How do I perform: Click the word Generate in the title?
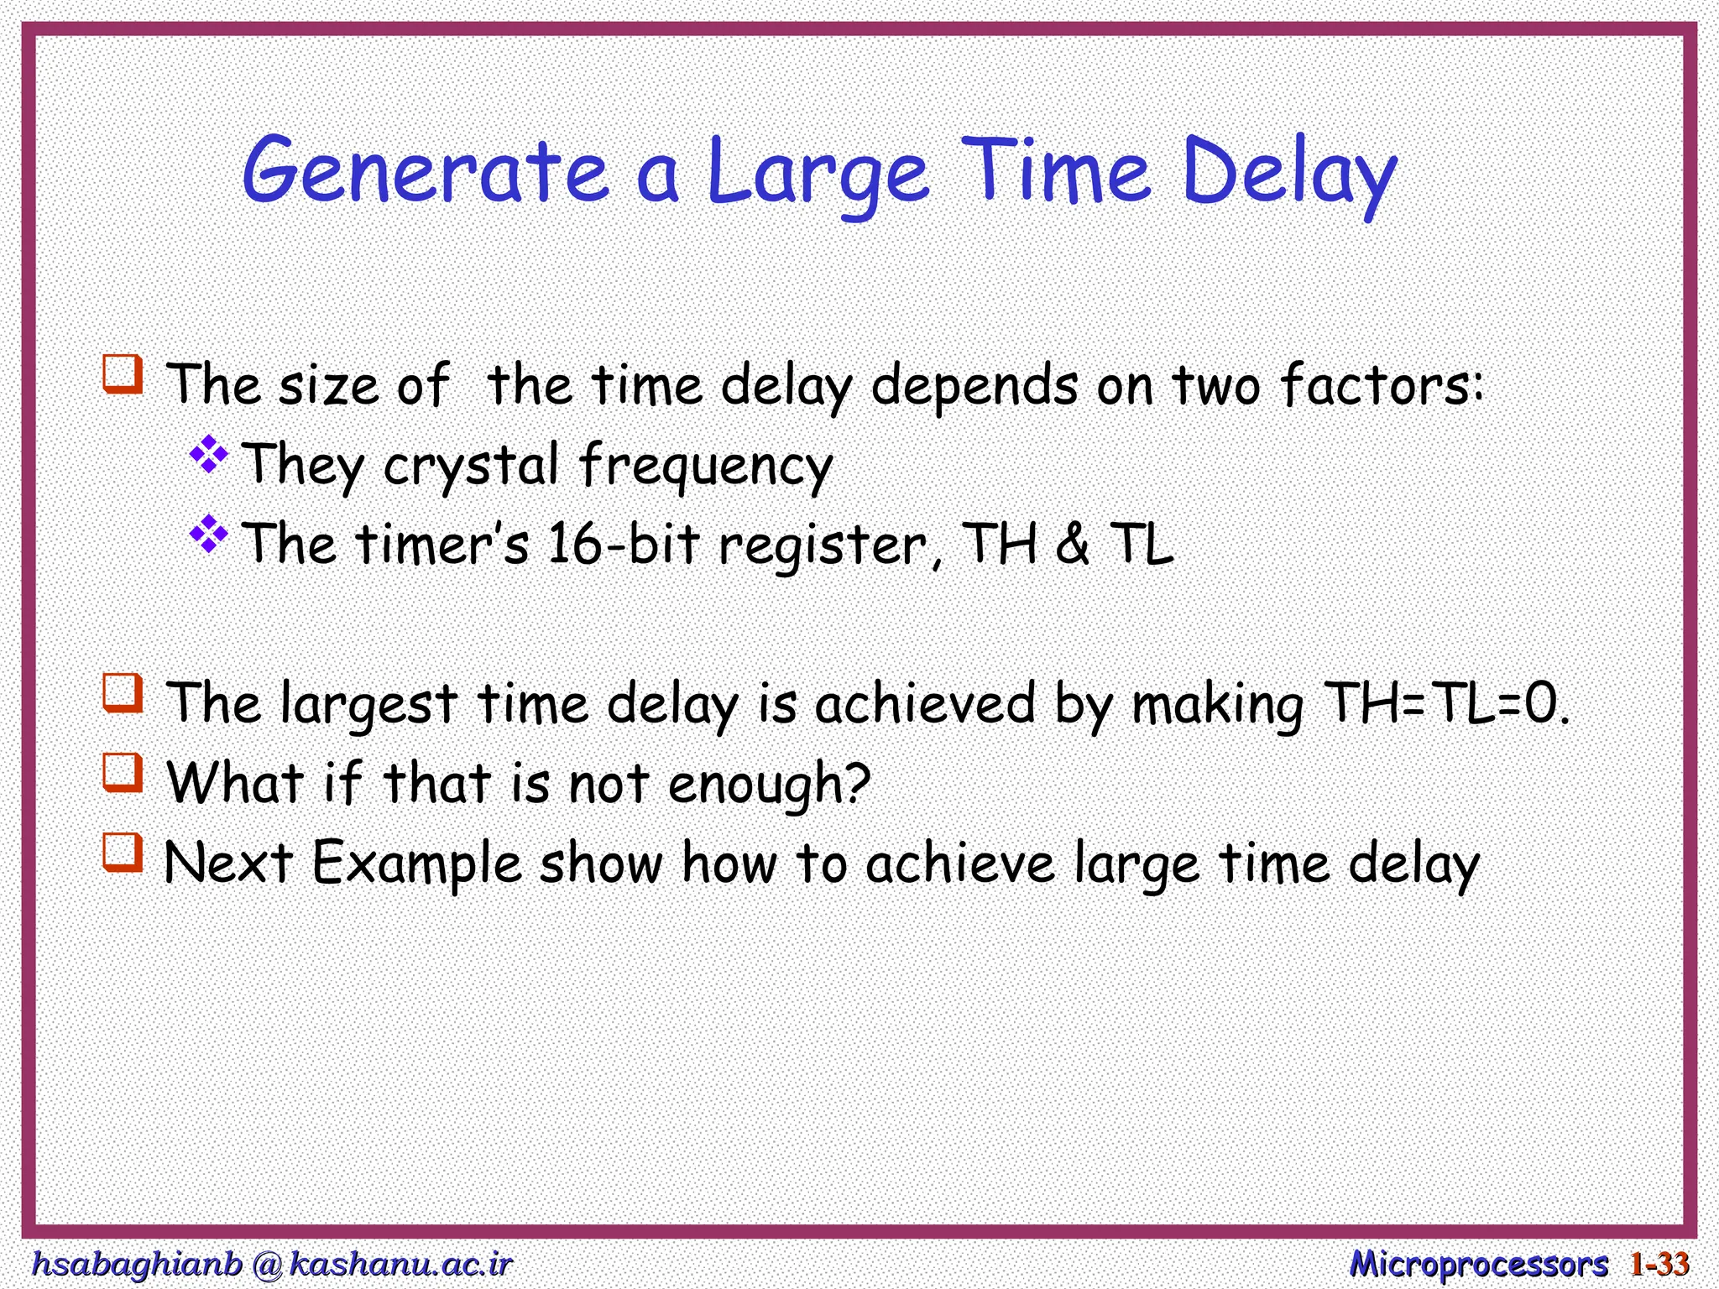(x=426, y=172)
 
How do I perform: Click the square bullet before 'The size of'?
(x=123, y=373)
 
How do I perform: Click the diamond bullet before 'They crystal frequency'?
(x=209, y=456)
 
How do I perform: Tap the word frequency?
(x=706, y=466)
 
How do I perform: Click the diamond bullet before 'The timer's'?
(x=209, y=535)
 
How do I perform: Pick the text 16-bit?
(x=623, y=543)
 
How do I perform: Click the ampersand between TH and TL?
(x=1072, y=543)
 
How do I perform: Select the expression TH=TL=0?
(x=1445, y=702)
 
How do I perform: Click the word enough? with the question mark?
(x=769, y=784)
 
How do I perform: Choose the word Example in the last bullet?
(x=417, y=864)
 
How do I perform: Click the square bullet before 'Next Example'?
(x=123, y=851)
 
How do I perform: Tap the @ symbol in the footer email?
(x=267, y=1264)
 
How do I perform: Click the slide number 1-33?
(x=1659, y=1264)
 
